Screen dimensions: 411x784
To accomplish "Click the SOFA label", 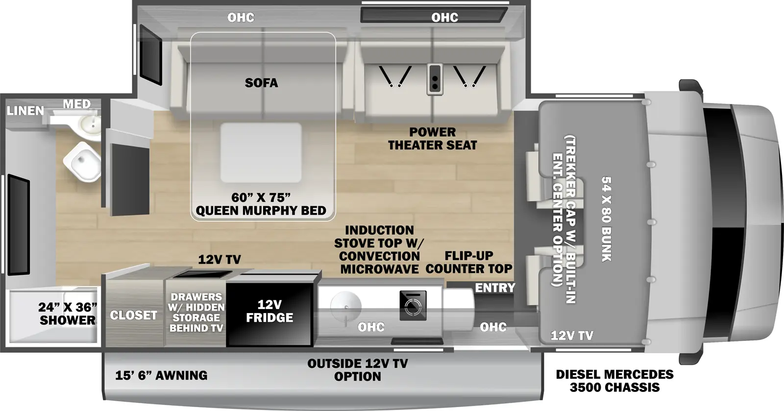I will tap(261, 83).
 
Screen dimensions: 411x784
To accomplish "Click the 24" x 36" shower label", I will tap(68, 314).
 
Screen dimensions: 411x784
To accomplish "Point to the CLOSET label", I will tap(133, 315).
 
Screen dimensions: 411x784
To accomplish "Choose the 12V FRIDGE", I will tap(269, 311).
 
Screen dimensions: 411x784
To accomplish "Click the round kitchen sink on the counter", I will tap(345, 307).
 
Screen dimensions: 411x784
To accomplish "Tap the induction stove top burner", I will tap(413, 305).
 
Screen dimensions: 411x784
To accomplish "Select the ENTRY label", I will tap(495, 288).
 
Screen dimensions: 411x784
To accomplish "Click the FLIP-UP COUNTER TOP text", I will tap(468, 262).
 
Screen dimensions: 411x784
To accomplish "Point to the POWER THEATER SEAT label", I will tap(432, 139).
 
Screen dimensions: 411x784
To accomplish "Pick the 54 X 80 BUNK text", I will tap(606, 218).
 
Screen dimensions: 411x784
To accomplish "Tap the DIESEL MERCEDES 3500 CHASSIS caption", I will tap(614, 381).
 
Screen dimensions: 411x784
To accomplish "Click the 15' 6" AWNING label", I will tap(161, 375).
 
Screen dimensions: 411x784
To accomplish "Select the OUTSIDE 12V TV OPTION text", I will tap(358, 370).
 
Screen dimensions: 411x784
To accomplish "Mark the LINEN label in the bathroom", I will tap(25, 111).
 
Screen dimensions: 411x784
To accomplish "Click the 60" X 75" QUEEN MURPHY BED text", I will tap(261, 204).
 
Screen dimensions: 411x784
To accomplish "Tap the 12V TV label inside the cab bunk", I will tap(572, 336).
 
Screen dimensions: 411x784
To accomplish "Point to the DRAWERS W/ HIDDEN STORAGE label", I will tap(196, 312).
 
